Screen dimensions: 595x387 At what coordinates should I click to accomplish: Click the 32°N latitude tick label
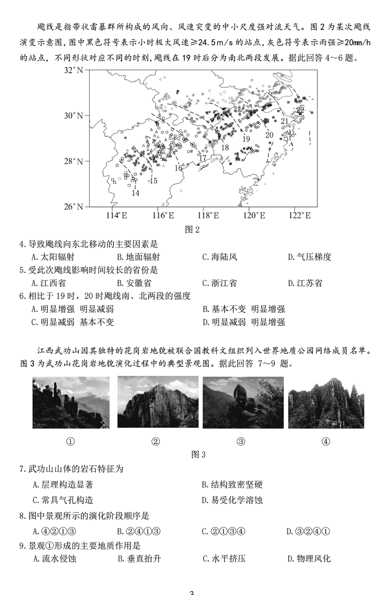(x=74, y=70)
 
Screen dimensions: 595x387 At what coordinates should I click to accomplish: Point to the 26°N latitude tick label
(x=74, y=207)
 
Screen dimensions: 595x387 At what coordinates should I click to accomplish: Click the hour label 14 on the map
(x=135, y=193)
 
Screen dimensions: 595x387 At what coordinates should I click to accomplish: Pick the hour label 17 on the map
(x=203, y=158)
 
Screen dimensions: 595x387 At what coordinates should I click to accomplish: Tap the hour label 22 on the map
(x=300, y=110)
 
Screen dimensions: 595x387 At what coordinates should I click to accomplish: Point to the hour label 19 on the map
(x=246, y=139)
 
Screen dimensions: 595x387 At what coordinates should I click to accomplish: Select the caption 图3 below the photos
(x=198, y=455)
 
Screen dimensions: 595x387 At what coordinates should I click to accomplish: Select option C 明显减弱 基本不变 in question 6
(x=73, y=322)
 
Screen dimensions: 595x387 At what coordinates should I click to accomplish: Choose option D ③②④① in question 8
(x=308, y=531)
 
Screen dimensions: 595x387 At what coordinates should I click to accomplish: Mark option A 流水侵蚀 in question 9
(x=54, y=558)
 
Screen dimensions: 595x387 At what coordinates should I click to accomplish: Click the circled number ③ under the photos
(x=241, y=441)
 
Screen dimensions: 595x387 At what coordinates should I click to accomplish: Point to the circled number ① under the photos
(x=71, y=441)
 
